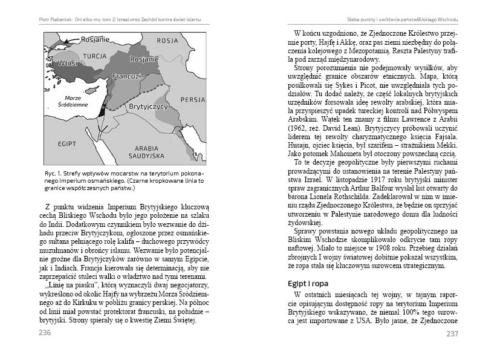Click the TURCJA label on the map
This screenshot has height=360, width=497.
[x=96, y=56]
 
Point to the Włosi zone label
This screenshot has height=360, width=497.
[x=66, y=62]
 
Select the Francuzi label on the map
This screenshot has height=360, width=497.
[x=126, y=77]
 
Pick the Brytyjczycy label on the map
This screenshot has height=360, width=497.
[x=148, y=106]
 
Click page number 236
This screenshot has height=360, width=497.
[x=45, y=333]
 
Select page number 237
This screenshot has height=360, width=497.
[x=452, y=333]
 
